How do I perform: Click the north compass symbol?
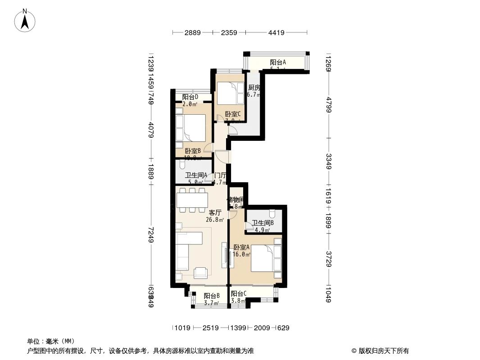26,20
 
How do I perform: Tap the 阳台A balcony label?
278,63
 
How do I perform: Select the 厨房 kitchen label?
254,88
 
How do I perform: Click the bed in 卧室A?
264,257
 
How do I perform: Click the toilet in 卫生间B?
273,214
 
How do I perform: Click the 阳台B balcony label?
211,296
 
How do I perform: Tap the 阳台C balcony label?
239,294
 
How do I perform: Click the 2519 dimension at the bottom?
210,328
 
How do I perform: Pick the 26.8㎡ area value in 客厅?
215,220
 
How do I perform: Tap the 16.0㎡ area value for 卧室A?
241,254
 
